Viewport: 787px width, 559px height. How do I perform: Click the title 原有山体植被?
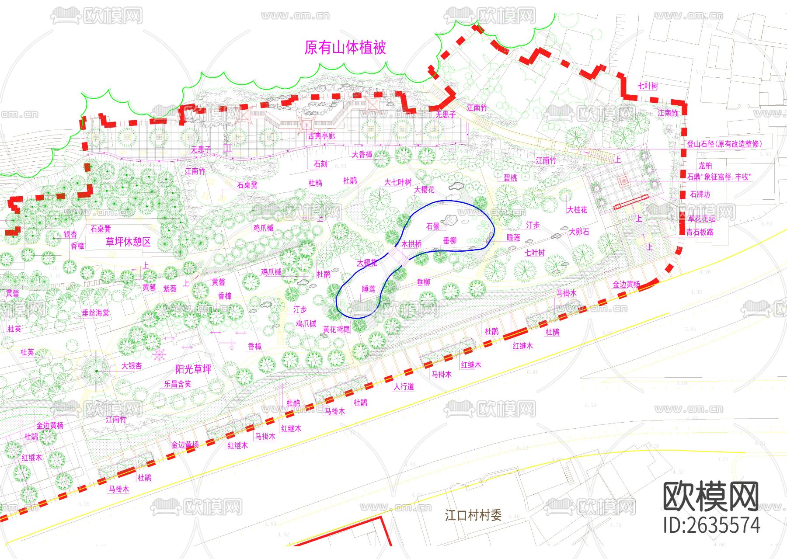click(x=345, y=48)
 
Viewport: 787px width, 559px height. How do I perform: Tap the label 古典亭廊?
click(x=321, y=136)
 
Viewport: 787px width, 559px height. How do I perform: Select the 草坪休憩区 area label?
click(x=128, y=242)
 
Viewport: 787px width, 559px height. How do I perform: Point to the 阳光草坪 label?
click(x=193, y=369)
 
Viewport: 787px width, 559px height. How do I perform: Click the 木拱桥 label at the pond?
click(x=411, y=244)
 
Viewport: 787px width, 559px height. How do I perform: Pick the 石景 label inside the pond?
click(x=433, y=226)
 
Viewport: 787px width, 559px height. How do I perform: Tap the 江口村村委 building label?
click(x=473, y=515)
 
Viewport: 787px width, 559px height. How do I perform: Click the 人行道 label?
click(x=404, y=386)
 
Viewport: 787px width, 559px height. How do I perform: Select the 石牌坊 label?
click(x=700, y=194)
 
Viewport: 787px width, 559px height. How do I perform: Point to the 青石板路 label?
click(x=700, y=232)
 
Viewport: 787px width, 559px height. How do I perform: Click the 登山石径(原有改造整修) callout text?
click(x=724, y=144)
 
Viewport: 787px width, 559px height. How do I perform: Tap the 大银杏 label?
click(x=132, y=366)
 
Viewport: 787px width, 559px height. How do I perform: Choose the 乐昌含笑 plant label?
click(x=178, y=384)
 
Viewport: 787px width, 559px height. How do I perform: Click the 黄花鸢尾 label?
click(x=336, y=330)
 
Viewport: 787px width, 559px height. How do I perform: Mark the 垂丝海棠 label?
click(x=96, y=313)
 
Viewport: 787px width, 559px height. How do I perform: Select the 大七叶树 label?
click(x=398, y=182)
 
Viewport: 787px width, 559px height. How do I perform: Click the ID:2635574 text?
click(x=711, y=525)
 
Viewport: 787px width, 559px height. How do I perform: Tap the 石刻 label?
click(x=320, y=164)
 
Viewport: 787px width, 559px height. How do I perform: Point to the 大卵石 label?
click(x=579, y=232)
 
